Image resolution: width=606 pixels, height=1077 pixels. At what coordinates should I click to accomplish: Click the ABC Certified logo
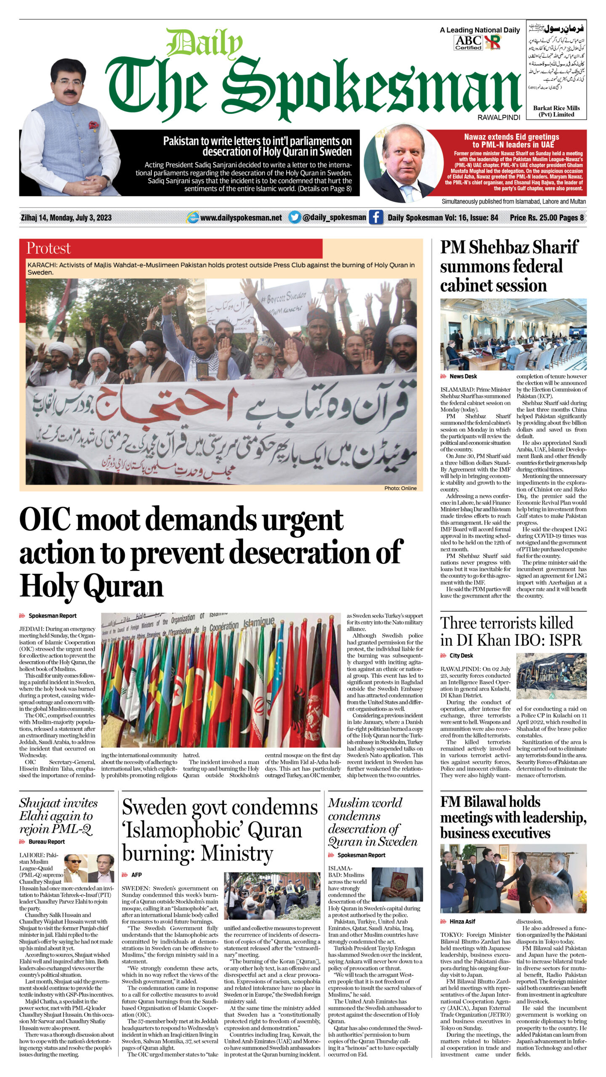pyautogui.click(x=468, y=42)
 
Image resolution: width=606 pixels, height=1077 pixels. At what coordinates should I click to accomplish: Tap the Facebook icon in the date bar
pyautogui.click(x=376, y=218)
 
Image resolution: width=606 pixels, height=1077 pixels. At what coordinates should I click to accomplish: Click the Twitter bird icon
pyautogui.click(x=295, y=218)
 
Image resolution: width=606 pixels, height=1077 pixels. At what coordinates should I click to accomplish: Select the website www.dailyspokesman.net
pyautogui.click(x=241, y=218)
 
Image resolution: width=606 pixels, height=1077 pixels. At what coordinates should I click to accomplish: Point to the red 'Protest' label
pyautogui.click(x=48, y=248)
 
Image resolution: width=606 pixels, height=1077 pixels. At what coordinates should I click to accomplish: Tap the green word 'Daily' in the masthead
pyautogui.click(x=204, y=43)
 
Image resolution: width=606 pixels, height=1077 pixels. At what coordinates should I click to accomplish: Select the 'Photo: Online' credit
pyautogui.click(x=400, y=488)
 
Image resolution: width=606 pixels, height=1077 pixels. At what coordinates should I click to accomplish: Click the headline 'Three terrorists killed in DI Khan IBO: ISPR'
pyautogui.click(x=511, y=631)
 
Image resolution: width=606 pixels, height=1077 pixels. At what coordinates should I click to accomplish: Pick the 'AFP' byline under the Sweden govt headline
pyautogui.click(x=136, y=875)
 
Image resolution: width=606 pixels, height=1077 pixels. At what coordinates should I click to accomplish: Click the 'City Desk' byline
pyautogui.click(x=461, y=655)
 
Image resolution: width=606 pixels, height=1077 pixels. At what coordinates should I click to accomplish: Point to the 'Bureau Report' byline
pyautogui.click(x=46, y=841)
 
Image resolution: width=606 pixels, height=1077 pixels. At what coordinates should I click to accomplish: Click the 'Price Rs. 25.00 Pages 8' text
pyautogui.click(x=547, y=218)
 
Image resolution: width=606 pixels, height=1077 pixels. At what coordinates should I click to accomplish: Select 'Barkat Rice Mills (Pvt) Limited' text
pyautogui.click(x=556, y=111)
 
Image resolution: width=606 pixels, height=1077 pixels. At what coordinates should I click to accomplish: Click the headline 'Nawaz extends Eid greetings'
pyautogui.click(x=511, y=141)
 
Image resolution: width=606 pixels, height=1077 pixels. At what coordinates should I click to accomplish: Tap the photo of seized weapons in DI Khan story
pyautogui.click(x=551, y=676)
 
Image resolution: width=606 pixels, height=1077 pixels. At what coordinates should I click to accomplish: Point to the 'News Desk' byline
pyautogui.click(x=463, y=376)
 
